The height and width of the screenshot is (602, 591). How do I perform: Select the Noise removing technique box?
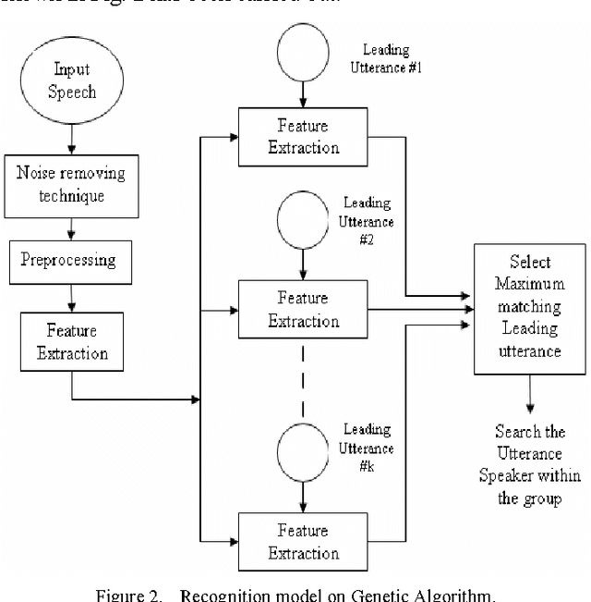point(71,185)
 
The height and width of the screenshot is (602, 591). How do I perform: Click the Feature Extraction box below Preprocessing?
point(71,340)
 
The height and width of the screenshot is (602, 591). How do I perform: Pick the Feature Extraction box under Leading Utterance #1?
point(304,135)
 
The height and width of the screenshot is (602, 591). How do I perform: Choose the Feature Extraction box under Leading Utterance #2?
point(304,309)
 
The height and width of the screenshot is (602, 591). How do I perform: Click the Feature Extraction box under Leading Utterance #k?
point(304,541)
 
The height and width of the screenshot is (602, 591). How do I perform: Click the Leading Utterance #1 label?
point(386,58)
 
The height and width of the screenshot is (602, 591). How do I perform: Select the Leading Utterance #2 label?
point(368,222)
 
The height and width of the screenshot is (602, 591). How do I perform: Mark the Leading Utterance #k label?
point(367,448)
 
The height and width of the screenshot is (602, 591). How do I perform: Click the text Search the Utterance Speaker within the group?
point(529,464)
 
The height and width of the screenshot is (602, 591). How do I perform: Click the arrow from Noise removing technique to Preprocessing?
point(71,225)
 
